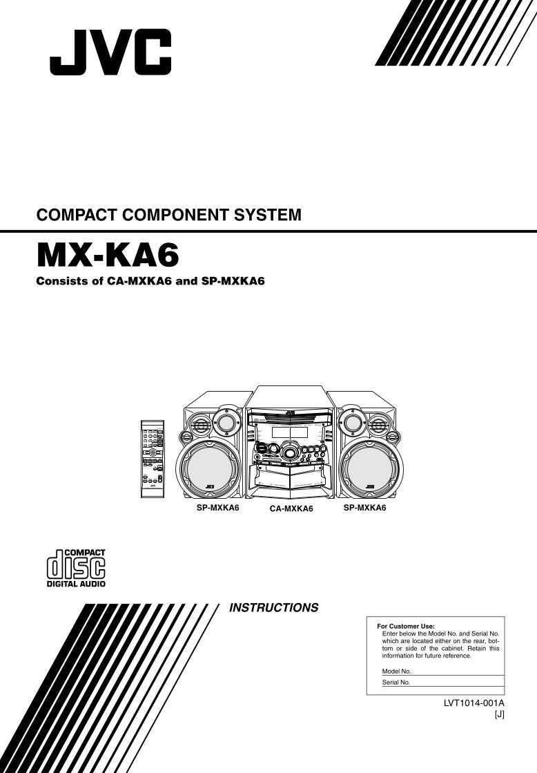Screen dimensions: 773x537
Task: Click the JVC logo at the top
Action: click(x=110, y=52)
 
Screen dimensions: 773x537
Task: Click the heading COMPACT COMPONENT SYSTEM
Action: click(x=169, y=215)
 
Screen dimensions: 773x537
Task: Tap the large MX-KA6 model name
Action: click(x=108, y=256)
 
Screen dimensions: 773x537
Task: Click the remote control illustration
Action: click(x=152, y=458)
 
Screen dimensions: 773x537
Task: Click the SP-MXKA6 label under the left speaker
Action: click(x=218, y=508)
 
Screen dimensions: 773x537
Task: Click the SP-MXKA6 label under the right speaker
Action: click(x=364, y=508)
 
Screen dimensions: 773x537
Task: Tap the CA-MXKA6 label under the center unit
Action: click(x=291, y=509)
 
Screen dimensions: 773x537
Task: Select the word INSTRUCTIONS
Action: click(x=273, y=608)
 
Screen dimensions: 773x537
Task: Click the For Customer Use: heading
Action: click(x=406, y=626)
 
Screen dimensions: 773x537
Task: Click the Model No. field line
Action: click(x=456, y=671)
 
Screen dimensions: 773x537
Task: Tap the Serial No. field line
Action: click(x=456, y=682)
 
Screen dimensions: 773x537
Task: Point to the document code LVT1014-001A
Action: click(x=474, y=703)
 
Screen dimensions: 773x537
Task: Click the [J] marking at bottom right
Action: click(x=499, y=715)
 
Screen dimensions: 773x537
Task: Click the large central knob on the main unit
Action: click(x=291, y=453)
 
